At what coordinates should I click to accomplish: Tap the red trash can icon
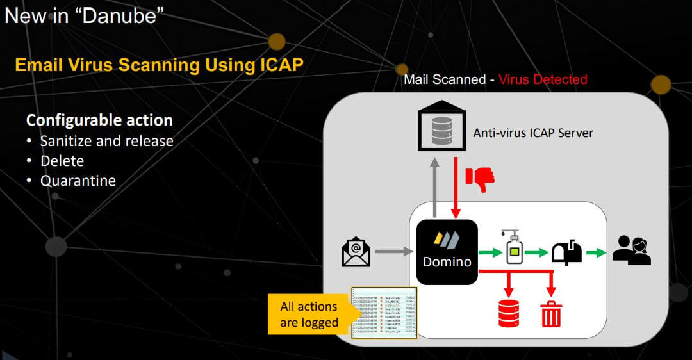[x=551, y=314]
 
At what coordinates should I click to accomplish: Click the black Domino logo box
[x=447, y=252]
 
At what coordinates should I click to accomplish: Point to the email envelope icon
[x=356, y=252]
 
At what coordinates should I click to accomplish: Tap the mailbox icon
[x=567, y=252]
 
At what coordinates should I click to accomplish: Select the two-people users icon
[x=631, y=251]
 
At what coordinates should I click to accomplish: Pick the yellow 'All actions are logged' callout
[x=309, y=315]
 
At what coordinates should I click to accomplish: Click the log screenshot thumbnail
[x=384, y=313]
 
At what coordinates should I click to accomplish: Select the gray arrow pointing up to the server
[x=435, y=189]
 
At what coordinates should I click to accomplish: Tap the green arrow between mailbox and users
[x=596, y=252]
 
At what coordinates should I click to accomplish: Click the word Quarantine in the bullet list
[x=78, y=181]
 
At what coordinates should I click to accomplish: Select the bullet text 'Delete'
[x=62, y=160]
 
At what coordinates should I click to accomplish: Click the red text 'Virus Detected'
[x=543, y=79]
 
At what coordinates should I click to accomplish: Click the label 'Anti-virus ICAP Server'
[x=533, y=133]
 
